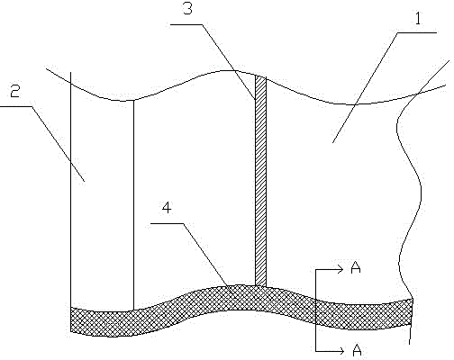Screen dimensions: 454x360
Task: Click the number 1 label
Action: tap(418, 19)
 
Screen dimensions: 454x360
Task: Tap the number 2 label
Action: tap(15, 91)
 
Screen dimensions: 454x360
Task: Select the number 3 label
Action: tap(187, 9)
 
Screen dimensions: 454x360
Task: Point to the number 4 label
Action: tap(167, 208)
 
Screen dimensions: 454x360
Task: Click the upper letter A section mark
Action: tap(356, 267)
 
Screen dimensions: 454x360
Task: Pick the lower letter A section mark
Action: tap(357, 350)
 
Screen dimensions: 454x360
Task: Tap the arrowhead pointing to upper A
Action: tap(340, 270)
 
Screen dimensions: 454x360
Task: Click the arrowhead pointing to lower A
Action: tap(340, 351)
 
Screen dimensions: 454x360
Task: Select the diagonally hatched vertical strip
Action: tap(260, 181)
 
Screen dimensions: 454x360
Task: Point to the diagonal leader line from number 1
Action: tap(365, 87)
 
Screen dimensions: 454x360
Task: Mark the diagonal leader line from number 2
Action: tap(58, 144)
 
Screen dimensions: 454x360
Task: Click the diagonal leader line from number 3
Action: tap(229, 61)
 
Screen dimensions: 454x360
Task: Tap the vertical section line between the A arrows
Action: tap(315, 310)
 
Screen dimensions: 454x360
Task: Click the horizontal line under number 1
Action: tap(417, 32)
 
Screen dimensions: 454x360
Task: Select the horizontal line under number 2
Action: tap(15, 106)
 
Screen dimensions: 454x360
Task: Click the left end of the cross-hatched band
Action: tap(70, 319)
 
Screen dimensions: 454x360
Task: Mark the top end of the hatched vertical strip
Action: tap(260, 76)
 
